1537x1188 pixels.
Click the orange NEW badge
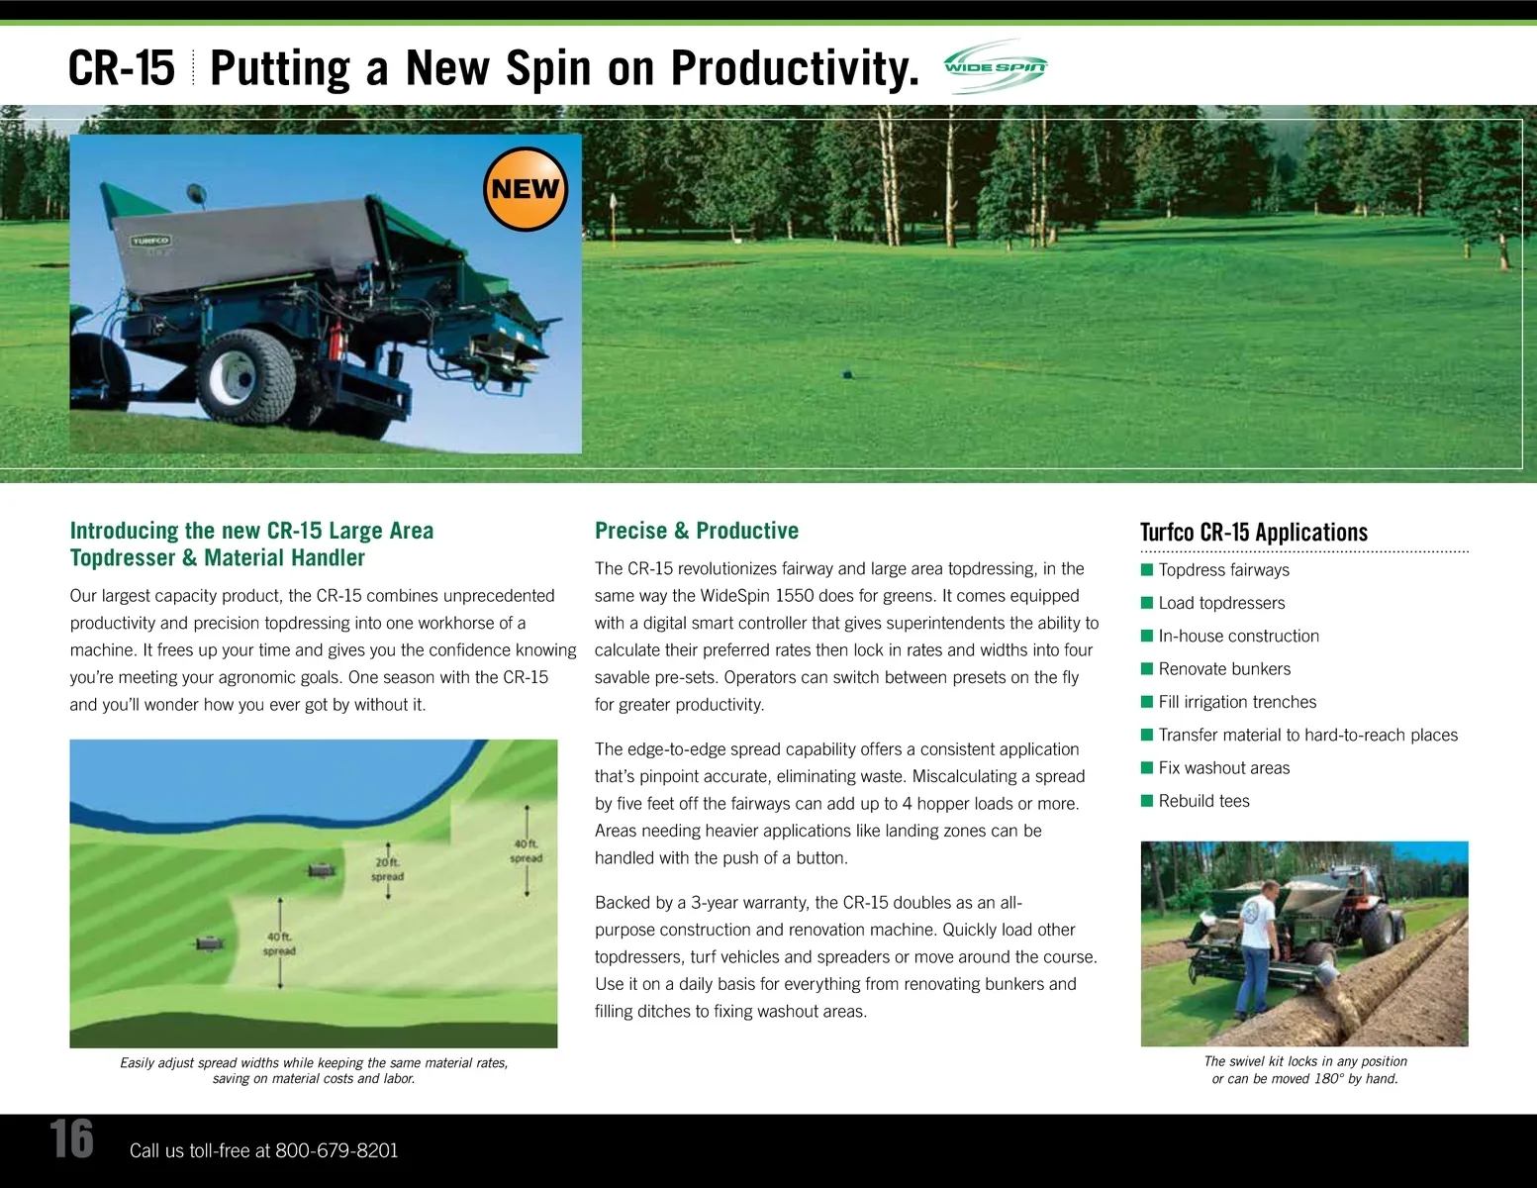pos(525,189)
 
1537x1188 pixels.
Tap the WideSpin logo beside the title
pos(996,66)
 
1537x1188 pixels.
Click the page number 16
pos(71,1138)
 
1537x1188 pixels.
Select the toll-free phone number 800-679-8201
pos(336,1150)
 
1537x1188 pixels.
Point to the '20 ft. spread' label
pos(388,869)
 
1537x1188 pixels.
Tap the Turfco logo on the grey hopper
pos(150,241)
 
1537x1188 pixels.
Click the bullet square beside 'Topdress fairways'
pos(1146,569)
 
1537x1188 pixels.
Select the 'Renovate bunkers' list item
pos(1223,668)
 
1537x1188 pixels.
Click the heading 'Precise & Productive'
pos(696,530)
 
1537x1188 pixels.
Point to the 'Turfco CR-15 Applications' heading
pos(1253,532)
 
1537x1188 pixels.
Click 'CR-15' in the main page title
pos(122,68)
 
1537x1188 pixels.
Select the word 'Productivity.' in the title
pos(795,69)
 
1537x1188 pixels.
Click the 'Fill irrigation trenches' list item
pos(1236,701)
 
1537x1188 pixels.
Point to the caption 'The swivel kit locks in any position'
pos(1305,1060)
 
